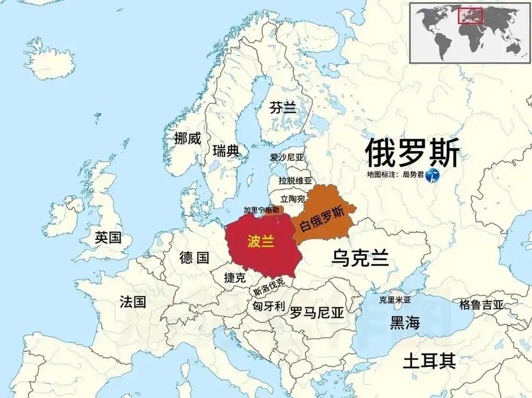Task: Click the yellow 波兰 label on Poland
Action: pyautogui.click(x=261, y=241)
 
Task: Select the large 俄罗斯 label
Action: pyautogui.click(x=412, y=152)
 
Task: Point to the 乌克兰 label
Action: pyautogui.click(x=360, y=258)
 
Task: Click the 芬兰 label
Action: pyautogui.click(x=283, y=108)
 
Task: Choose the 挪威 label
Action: pyautogui.click(x=187, y=138)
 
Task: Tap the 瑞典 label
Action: pyautogui.click(x=226, y=150)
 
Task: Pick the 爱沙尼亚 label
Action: pyautogui.click(x=287, y=158)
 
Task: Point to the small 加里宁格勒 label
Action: pyautogui.click(x=261, y=210)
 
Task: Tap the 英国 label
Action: pyautogui.click(x=108, y=237)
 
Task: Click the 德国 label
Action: pyautogui.click(x=194, y=258)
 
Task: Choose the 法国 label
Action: pyautogui.click(x=132, y=301)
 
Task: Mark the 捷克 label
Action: pyautogui.click(x=235, y=278)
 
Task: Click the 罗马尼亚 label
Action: pyautogui.click(x=317, y=312)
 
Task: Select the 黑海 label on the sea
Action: pyautogui.click(x=404, y=322)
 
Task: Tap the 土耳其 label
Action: pyautogui.click(x=429, y=360)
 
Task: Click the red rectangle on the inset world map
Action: pyautogui.click(x=470, y=16)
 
